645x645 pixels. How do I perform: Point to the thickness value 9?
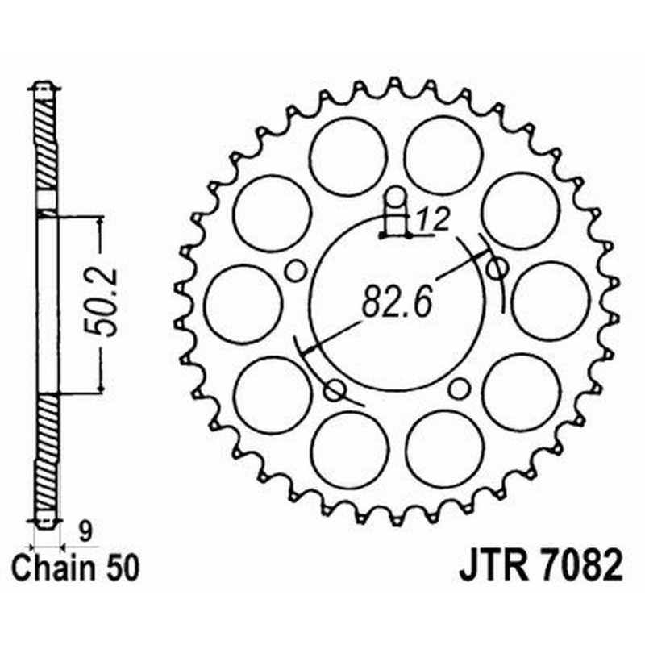(85, 530)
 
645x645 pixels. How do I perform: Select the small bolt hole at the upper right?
(497, 266)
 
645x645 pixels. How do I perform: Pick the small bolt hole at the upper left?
(296, 270)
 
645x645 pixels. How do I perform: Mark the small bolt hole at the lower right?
(459, 389)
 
